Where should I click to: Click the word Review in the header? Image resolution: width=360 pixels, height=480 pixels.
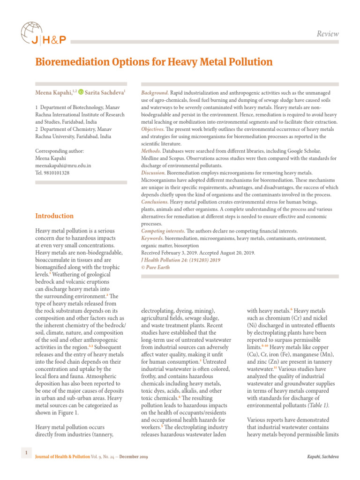coord(328,34)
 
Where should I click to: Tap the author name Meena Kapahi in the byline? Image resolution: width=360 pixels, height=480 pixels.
coord(53,93)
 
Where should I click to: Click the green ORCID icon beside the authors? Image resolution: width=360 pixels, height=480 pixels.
coord(81,93)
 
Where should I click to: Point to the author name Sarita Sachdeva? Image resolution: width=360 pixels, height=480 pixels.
coord(105,93)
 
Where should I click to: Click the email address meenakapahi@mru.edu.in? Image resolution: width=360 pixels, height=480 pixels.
coord(63,165)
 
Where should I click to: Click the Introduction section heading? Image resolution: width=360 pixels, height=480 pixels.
coord(54,216)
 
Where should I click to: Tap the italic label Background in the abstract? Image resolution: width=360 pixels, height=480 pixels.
coord(155,93)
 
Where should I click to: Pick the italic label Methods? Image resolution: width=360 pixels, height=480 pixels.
coord(151,151)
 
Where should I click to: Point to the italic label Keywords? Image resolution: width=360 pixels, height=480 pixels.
coord(152,239)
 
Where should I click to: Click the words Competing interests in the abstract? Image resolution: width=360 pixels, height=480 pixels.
coord(163,231)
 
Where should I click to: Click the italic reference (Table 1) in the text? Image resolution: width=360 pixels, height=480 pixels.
coord(315,405)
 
